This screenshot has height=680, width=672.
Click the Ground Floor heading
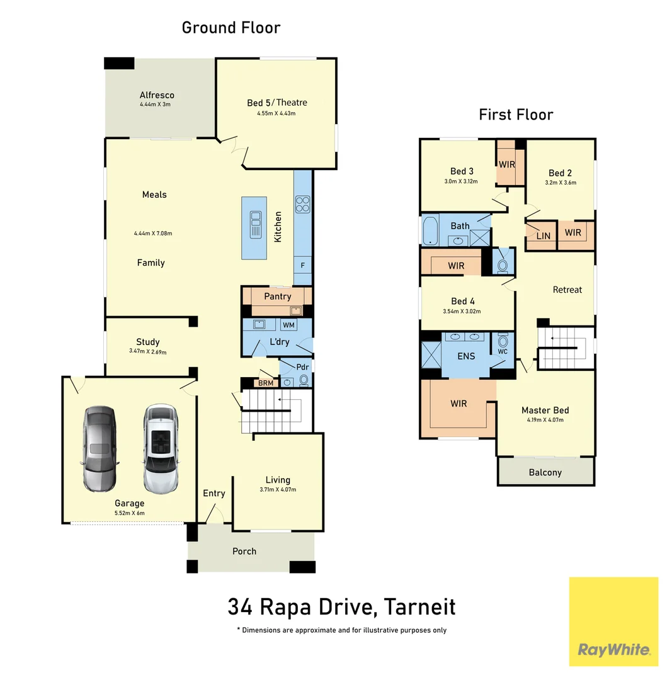(x=231, y=28)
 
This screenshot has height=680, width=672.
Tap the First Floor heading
(x=516, y=115)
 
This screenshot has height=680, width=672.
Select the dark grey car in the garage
(x=100, y=448)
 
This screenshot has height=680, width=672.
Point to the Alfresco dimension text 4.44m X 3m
(x=157, y=105)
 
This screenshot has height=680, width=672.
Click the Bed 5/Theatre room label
(x=276, y=103)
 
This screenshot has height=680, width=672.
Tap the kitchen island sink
(x=256, y=225)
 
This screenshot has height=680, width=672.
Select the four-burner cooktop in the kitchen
(x=302, y=204)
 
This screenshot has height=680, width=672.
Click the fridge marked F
(x=302, y=265)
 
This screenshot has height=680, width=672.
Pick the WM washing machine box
(x=288, y=325)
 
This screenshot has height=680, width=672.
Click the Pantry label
(x=277, y=297)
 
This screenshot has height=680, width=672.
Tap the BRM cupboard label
(x=265, y=382)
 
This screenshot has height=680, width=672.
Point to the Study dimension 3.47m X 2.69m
(x=147, y=352)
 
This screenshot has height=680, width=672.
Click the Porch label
(x=244, y=551)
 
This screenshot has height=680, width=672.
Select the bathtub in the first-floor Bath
(x=430, y=230)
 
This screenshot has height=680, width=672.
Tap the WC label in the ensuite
(x=502, y=351)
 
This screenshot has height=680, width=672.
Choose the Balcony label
(x=545, y=472)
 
